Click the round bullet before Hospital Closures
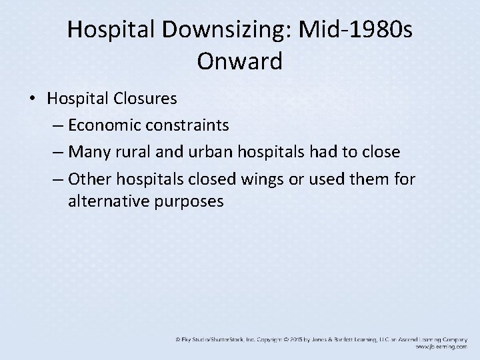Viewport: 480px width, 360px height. [33, 99]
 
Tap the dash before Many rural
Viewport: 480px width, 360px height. [57, 152]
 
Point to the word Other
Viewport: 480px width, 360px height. [91, 179]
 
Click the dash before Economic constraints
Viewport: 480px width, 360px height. [57, 125]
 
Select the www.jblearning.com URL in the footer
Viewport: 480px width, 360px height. [440, 347]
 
